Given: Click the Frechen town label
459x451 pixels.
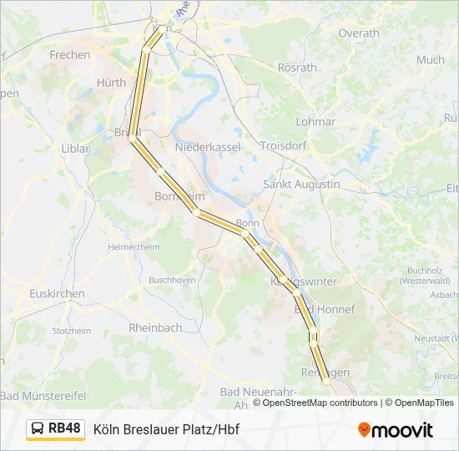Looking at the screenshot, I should pos(70,55).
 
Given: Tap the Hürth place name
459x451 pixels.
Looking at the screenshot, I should pos(111,83).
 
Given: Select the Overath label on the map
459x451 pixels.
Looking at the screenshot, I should pos(359,33).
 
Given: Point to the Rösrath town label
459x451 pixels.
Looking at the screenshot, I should pos(298,68).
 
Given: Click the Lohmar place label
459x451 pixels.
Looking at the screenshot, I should pos(315,121).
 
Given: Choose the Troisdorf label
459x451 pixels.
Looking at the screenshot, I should pos(283,145).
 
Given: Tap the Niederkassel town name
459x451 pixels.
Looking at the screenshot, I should pos(208,147).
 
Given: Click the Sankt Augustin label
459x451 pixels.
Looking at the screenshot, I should pos(301,184).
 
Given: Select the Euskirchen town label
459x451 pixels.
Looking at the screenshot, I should pos(57,294).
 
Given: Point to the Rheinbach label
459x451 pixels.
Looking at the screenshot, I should pos(155,328).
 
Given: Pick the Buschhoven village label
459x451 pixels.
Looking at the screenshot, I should pos(172,279).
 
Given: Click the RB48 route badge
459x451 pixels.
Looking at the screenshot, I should pos(56,429).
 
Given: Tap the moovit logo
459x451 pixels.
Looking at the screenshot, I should pos(396,430).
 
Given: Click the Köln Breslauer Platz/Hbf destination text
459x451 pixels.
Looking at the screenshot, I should pos(166,430).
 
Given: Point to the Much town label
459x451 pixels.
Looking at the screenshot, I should pos(431,60).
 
